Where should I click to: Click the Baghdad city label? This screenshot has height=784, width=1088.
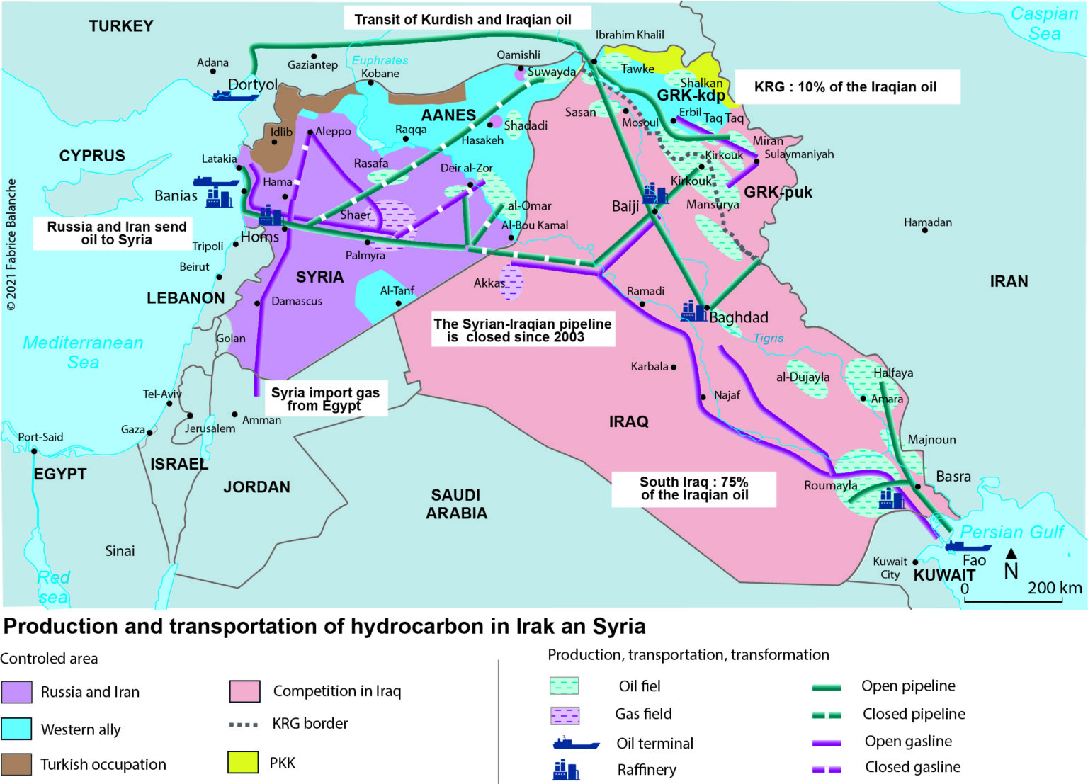point(739,317)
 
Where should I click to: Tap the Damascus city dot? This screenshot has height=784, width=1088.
point(258,303)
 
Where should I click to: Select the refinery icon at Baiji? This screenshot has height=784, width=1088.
point(655,193)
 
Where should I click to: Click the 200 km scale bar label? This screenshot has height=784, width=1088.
point(1055,588)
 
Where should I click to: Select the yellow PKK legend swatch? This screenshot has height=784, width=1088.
point(242,762)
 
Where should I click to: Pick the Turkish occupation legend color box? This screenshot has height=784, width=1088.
point(16,764)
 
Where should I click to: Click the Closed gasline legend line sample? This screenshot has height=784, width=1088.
point(827,768)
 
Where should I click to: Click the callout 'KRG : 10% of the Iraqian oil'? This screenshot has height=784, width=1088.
point(846,87)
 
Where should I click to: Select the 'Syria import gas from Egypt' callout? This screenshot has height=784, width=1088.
point(325,399)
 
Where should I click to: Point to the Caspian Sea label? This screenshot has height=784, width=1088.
point(1044,23)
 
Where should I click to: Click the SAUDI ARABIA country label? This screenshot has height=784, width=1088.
point(456,504)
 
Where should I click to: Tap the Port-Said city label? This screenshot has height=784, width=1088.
point(40,437)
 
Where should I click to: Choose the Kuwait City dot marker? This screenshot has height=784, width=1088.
point(915,562)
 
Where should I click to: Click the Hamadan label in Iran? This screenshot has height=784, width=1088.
point(927,222)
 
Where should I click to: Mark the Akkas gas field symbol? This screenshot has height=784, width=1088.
point(511,282)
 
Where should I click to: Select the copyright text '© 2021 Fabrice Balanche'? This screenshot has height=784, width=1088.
point(11,244)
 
